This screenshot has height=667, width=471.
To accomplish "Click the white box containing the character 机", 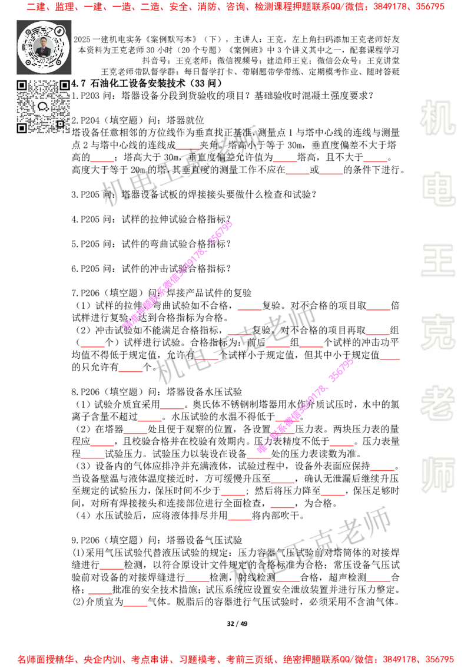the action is (437, 117).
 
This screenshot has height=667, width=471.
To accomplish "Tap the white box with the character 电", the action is (440, 188).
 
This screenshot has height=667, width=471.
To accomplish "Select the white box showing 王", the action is (437, 261).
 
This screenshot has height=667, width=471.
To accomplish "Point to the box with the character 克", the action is (437, 332).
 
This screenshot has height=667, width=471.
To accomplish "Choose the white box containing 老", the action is (437, 402).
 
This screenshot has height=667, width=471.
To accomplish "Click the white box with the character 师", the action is (437, 476).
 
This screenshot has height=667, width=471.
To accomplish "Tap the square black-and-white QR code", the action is (43, 107).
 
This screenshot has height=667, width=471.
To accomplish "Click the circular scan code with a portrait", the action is (44, 47).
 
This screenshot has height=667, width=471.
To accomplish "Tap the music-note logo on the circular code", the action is (59, 31).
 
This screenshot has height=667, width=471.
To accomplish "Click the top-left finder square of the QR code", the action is (22, 85).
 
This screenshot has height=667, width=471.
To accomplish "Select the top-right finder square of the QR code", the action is (64, 85).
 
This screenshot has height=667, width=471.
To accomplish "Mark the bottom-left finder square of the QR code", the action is (22, 128).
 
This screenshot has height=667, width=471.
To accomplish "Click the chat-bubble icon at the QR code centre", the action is (43, 107).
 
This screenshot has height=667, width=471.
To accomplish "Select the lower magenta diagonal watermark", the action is (305, 405).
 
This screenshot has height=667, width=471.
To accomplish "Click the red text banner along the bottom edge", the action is (235, 659).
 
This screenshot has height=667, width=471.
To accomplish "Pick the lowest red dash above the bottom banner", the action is (136, 606).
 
